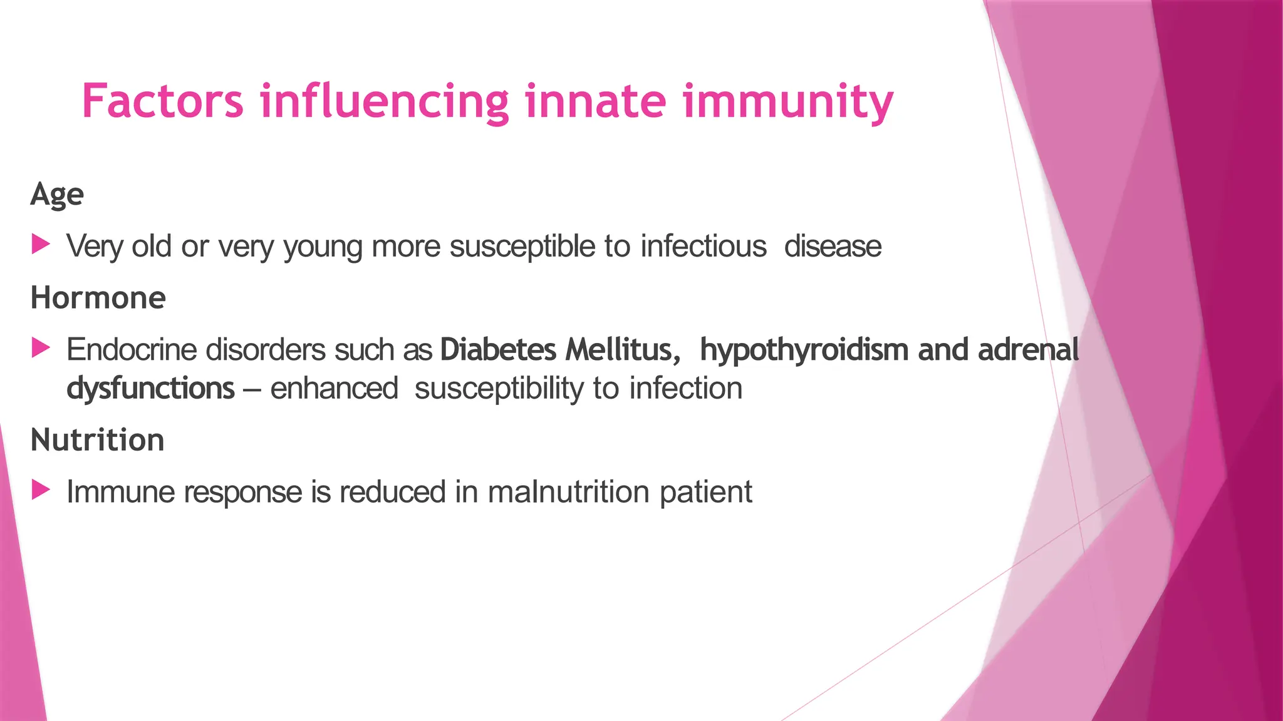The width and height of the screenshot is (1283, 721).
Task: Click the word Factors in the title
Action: (x=162, y=101)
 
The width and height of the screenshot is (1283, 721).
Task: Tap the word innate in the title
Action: (x=595, y=101)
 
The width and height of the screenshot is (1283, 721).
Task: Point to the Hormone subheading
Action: (x=98, y=298)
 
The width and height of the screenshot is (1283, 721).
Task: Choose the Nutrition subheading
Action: (x=98, y=440)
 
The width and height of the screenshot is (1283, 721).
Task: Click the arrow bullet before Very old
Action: (x=41, y=245)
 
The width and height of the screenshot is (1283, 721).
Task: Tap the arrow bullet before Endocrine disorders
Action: (x=41, y=348)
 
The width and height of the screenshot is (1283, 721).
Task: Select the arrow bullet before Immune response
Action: (x=41, y=490)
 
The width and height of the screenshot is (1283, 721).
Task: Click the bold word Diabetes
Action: (x=498, y=349)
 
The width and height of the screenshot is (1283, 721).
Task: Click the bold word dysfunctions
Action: (x=150, y=389)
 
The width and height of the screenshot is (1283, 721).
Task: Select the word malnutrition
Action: (x=568, y=492)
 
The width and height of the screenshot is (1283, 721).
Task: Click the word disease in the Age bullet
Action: (x=833, y=246)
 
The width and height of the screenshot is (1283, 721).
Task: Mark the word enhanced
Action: (x=334, y=389)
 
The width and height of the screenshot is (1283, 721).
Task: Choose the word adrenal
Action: (x=1028, y=349)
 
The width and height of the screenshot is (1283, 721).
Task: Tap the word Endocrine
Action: (x=132, y=349)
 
